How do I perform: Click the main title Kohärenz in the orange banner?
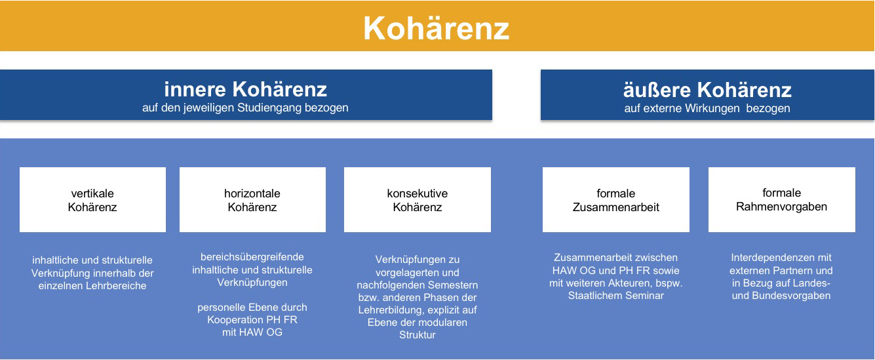coord(437,28)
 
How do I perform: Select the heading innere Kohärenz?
coord(245,89)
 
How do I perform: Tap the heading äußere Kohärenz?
coord(707,90)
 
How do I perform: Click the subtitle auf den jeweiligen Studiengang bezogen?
coord(245,108)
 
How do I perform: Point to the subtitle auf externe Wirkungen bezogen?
coord(707,108)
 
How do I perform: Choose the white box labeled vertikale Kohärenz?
coord(92,200)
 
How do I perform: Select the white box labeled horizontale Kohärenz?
coord(252,200)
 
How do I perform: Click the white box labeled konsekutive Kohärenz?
coord(418,200)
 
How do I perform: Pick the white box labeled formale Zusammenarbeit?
coord(615,200)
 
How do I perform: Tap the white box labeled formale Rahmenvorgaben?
coord(782,200)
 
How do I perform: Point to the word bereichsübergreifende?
coord(252,257)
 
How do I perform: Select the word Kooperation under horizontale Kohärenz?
coord(237,320)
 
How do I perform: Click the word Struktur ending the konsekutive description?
coord(418,335)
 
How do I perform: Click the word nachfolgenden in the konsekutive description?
coord(390,285)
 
